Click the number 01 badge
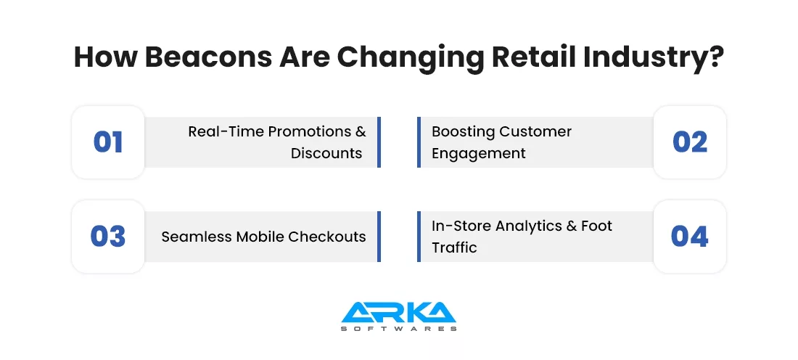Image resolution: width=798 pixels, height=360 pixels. coord(108,142)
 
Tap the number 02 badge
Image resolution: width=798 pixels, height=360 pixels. coord(690,142)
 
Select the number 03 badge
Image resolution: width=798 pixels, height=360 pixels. coord(108,237)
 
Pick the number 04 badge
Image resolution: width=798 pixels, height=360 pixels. coord(690,237)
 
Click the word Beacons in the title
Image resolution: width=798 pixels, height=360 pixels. coord(208,57)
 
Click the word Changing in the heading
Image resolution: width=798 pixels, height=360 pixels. coord(410,58)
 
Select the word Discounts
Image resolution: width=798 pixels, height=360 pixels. coord(326,152)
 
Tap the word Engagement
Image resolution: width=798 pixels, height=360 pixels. coord(478,154)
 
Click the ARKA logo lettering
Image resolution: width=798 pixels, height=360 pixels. coord(398,312)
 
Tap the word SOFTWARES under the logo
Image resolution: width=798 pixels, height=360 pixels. coord(398,329)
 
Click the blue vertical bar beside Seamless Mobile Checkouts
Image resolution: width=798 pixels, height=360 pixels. coord(379,237)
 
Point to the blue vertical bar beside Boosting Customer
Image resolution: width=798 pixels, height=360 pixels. coord(419,142)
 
